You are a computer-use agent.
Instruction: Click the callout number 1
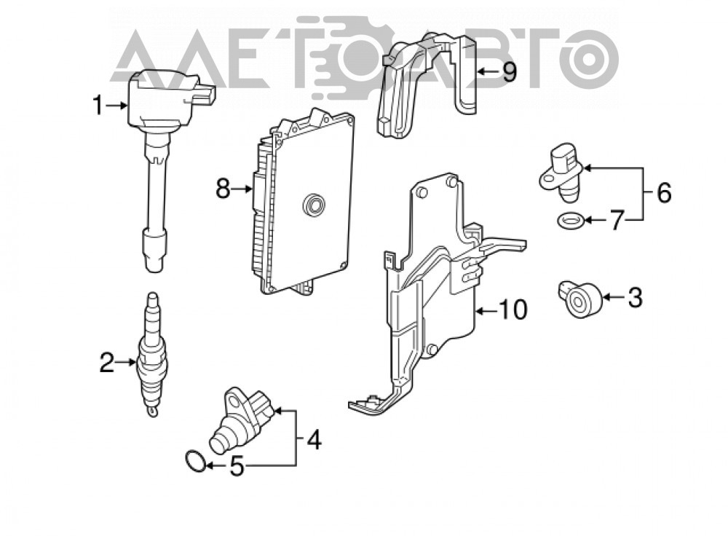98,106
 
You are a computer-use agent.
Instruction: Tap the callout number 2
107,363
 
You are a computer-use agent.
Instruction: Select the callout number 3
635,297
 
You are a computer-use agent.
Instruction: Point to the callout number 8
223,189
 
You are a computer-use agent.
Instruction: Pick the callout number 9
510,72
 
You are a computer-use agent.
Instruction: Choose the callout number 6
664,193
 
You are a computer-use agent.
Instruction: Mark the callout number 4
313,439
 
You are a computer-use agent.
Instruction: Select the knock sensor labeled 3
580,299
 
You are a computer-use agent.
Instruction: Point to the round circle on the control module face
313,205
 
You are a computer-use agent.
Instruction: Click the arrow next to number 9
488,71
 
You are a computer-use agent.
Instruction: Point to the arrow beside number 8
243,189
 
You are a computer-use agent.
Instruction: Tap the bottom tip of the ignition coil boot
154,272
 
